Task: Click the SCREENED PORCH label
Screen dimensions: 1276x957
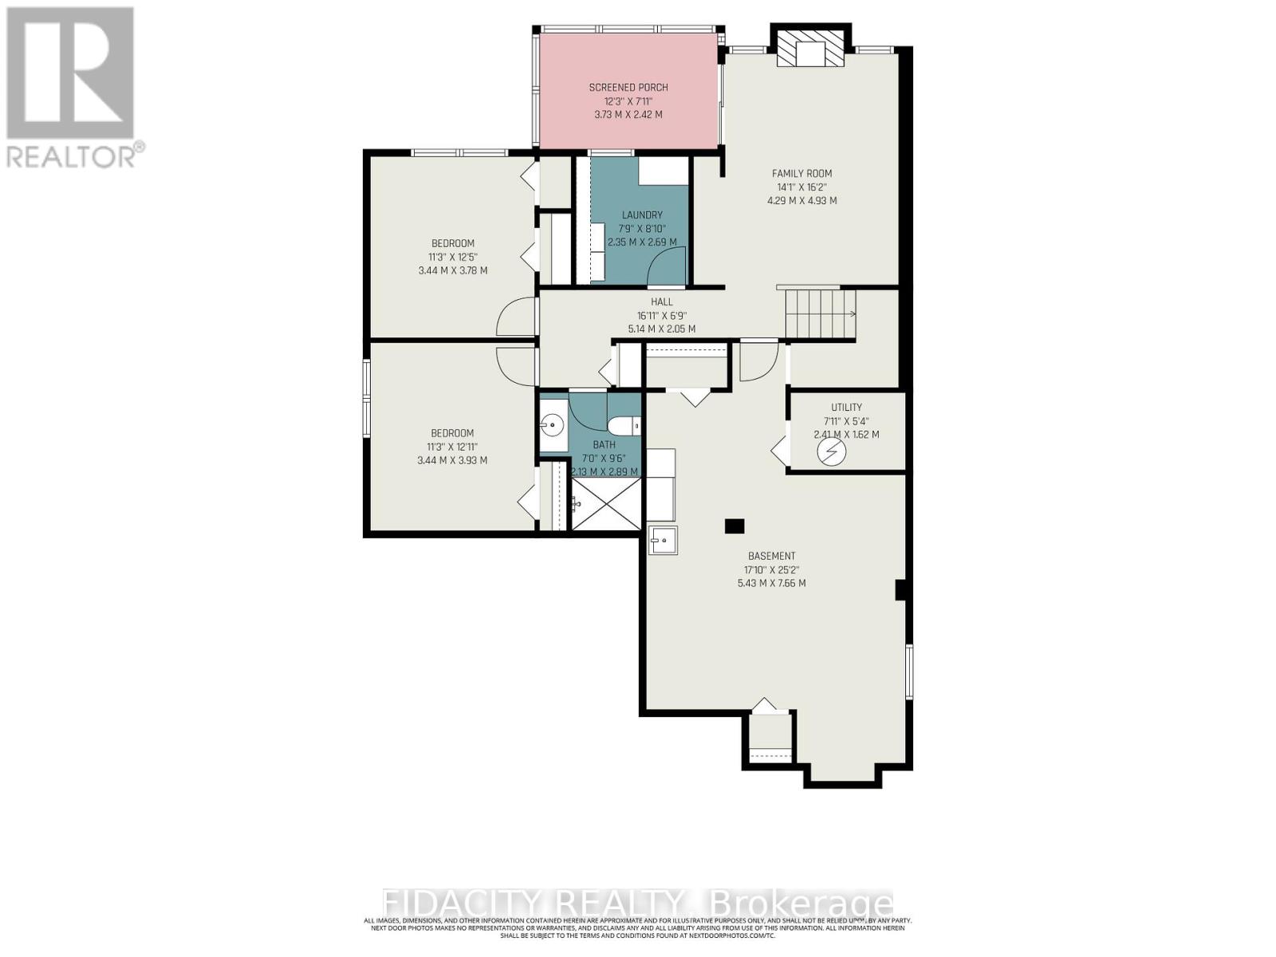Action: point(628,88)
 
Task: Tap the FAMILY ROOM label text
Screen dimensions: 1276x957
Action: point(801,173)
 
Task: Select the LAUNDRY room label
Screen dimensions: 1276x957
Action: point(642,215)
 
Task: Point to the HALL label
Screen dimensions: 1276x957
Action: point(661,302)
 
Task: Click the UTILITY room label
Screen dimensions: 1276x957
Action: point(846,408)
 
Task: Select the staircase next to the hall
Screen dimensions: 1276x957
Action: point(820,314)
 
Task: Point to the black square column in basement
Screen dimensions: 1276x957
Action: point(734,526)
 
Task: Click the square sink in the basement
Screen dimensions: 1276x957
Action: point(663,541)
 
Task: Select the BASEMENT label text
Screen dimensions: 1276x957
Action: point(771,557)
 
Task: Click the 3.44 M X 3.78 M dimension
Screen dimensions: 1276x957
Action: point(452,270)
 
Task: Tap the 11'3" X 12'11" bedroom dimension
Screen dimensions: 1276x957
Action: point(452,447)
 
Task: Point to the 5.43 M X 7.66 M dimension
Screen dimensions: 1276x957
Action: point(771,584)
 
